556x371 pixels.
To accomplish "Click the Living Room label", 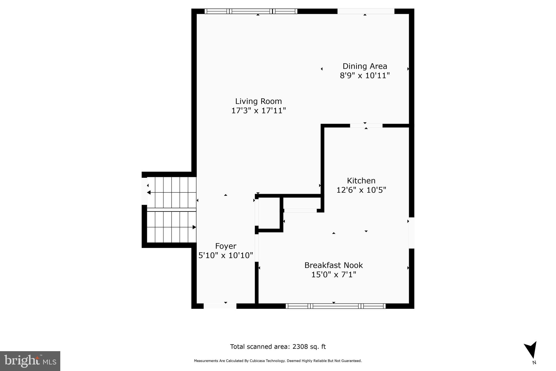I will click(x=258, y=101).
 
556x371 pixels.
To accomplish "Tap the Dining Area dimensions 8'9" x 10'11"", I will click(x=365, y=76).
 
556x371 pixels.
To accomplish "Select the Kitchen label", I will click(x=361, y=181).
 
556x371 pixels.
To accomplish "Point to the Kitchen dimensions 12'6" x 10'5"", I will click(x=361, y=190).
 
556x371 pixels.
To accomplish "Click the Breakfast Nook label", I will click(x=333, y=265).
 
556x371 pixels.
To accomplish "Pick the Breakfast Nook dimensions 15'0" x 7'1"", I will click(x=333, y=275).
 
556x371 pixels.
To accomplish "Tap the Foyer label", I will click(x=226, y=246).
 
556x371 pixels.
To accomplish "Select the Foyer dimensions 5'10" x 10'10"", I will click(x=226, y=255).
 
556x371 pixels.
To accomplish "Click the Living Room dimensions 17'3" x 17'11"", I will click(x=258, y=111).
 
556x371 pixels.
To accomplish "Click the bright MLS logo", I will click(x=30, y=361).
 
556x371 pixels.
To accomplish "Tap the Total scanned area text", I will click(x=278, y=347).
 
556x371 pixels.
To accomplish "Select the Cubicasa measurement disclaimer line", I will click(x=278, y=361).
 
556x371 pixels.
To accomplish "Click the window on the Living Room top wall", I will click(x=251, y=11).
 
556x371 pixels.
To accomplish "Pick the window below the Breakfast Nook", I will click(x=336, y=306).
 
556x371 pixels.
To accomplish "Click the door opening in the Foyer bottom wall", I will click(x=220, y=306).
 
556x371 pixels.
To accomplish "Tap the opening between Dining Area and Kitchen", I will click(x=366, y=126).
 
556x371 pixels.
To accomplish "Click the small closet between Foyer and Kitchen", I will click(x=269, y=213).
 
